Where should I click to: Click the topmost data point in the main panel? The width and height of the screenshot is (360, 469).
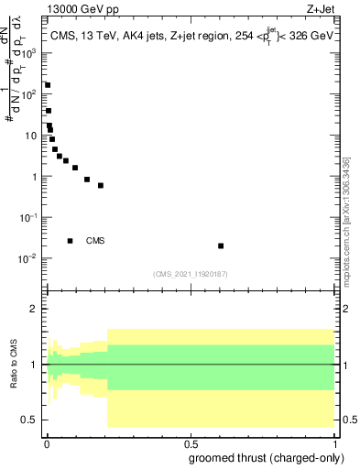pos(48,85)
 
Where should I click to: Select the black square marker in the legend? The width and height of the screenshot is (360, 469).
pos(71,241)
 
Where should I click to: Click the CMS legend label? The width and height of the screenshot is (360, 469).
pos(95,241)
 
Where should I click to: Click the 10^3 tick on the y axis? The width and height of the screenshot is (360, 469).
pos(33,53)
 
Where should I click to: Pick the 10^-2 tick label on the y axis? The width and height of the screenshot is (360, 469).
pos(30,258)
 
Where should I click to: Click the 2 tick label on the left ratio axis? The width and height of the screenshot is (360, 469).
pos(36,309)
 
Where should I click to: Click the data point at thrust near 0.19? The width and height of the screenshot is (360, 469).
pos(101,185)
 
